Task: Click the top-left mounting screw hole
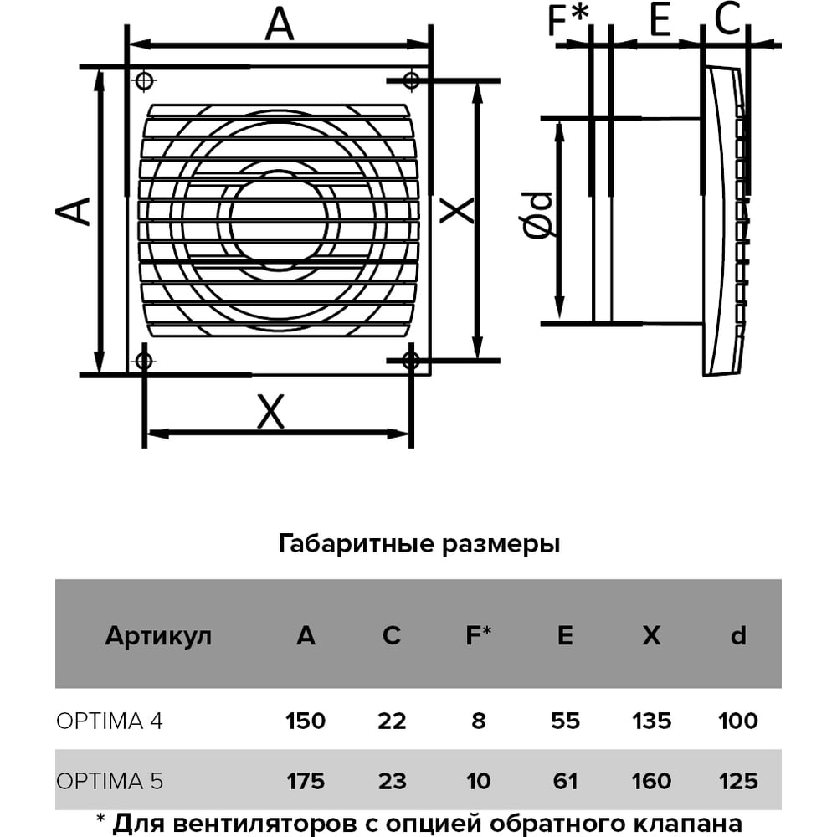click(x=144, y=81)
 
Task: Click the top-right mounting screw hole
click(x=411, y=81)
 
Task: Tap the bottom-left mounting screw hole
click(x=144, y=361)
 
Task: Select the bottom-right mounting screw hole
click(x=411, y=361)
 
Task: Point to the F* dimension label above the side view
click(x=568, y=20)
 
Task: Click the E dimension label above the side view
click(x=660, y=20)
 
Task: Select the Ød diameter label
click(x=537, y=214)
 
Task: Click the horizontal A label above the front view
click(x=280, y=24)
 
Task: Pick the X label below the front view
click(x=270, y=412)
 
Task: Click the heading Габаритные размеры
click(x=419, y=545)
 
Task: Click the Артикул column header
click(x=158, y=636)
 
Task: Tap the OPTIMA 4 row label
click(x=110, y=721)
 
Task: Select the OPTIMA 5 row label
click(x=110, y=782)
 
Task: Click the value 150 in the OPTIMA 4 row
click(x=306, y=721)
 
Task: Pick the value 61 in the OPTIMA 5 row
click(x=565, y=782)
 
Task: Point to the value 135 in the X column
click(x=652, y=721)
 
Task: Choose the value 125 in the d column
click(x=738, y=782)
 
